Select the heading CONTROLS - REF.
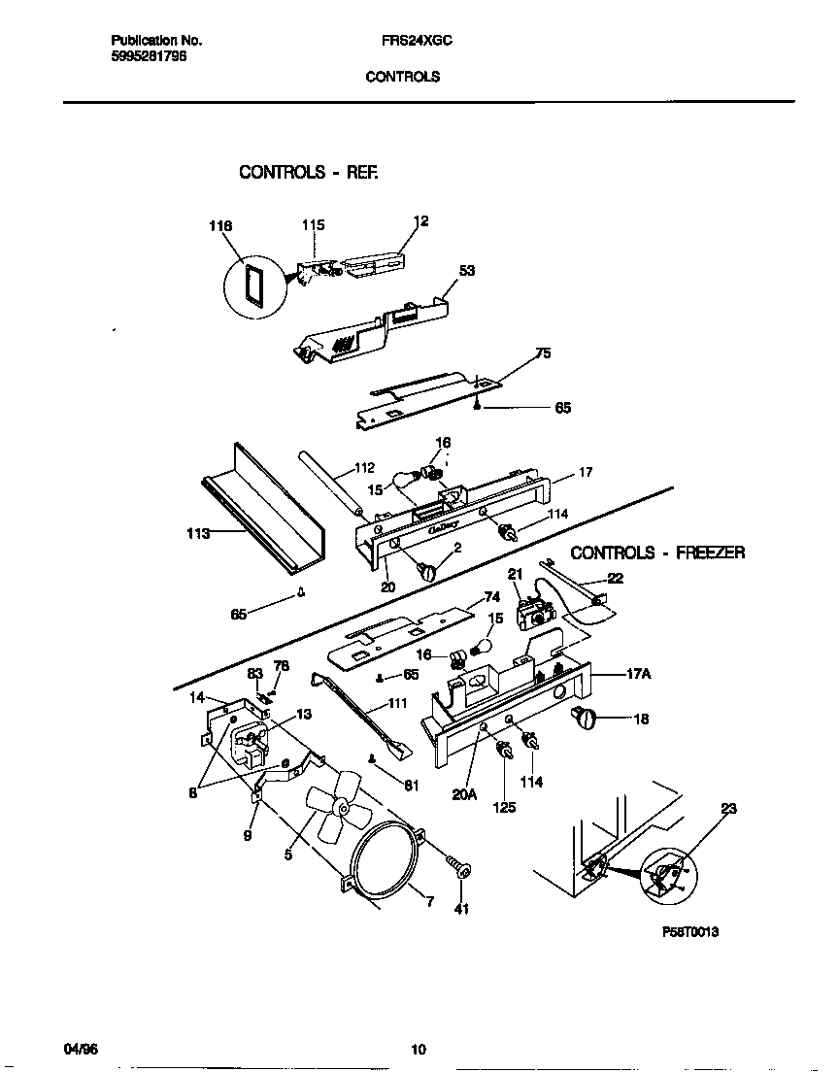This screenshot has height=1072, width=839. [x=308, y=172]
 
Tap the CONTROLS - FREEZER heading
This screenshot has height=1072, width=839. [x=657, y=553]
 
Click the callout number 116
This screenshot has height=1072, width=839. [x=221, y=226]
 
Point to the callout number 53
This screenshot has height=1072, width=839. [x=466, y=272]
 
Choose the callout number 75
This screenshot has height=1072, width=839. [x=543, y=353]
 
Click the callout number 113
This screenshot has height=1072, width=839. [x=198, y=533]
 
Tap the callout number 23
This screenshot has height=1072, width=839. [x=728, y=808]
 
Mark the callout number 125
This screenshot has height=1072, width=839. [x=503, y=807]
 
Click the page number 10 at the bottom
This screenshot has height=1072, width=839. [x=419, y=1049]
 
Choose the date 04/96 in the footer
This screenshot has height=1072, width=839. [x=83, y=1049]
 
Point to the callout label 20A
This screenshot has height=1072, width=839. [x=465, y=794]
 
